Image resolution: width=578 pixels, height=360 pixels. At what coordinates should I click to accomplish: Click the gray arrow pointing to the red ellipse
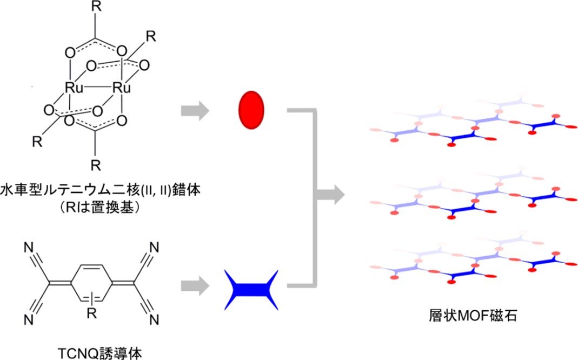coord(195,111)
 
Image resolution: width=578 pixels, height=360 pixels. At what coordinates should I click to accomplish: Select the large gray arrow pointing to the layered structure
coord(330,195)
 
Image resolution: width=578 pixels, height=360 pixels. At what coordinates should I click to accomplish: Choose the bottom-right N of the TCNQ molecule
coord(154,320)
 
